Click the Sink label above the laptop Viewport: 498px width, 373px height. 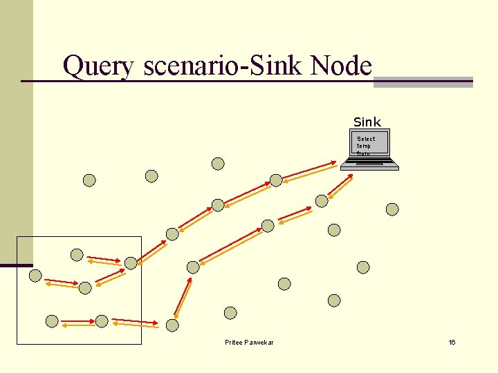(367, 122)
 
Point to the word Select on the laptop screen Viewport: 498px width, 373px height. (366, 139)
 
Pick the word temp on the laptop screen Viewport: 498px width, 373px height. (364, 146)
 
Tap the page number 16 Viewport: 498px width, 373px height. (452, 343)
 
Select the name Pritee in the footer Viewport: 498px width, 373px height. (234, 343)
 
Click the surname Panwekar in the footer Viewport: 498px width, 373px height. (259, 343)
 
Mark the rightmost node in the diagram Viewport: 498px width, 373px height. (392, 209)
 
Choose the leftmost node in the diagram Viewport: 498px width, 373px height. (35, 276)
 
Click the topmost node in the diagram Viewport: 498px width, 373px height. (218, 164)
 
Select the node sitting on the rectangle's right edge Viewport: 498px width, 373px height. (131, 263)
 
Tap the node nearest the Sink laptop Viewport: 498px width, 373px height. (322, 201)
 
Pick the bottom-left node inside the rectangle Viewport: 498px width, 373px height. (52, 321)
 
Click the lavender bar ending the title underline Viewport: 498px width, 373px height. (423, 82)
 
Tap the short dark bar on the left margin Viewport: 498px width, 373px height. (16, 265)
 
